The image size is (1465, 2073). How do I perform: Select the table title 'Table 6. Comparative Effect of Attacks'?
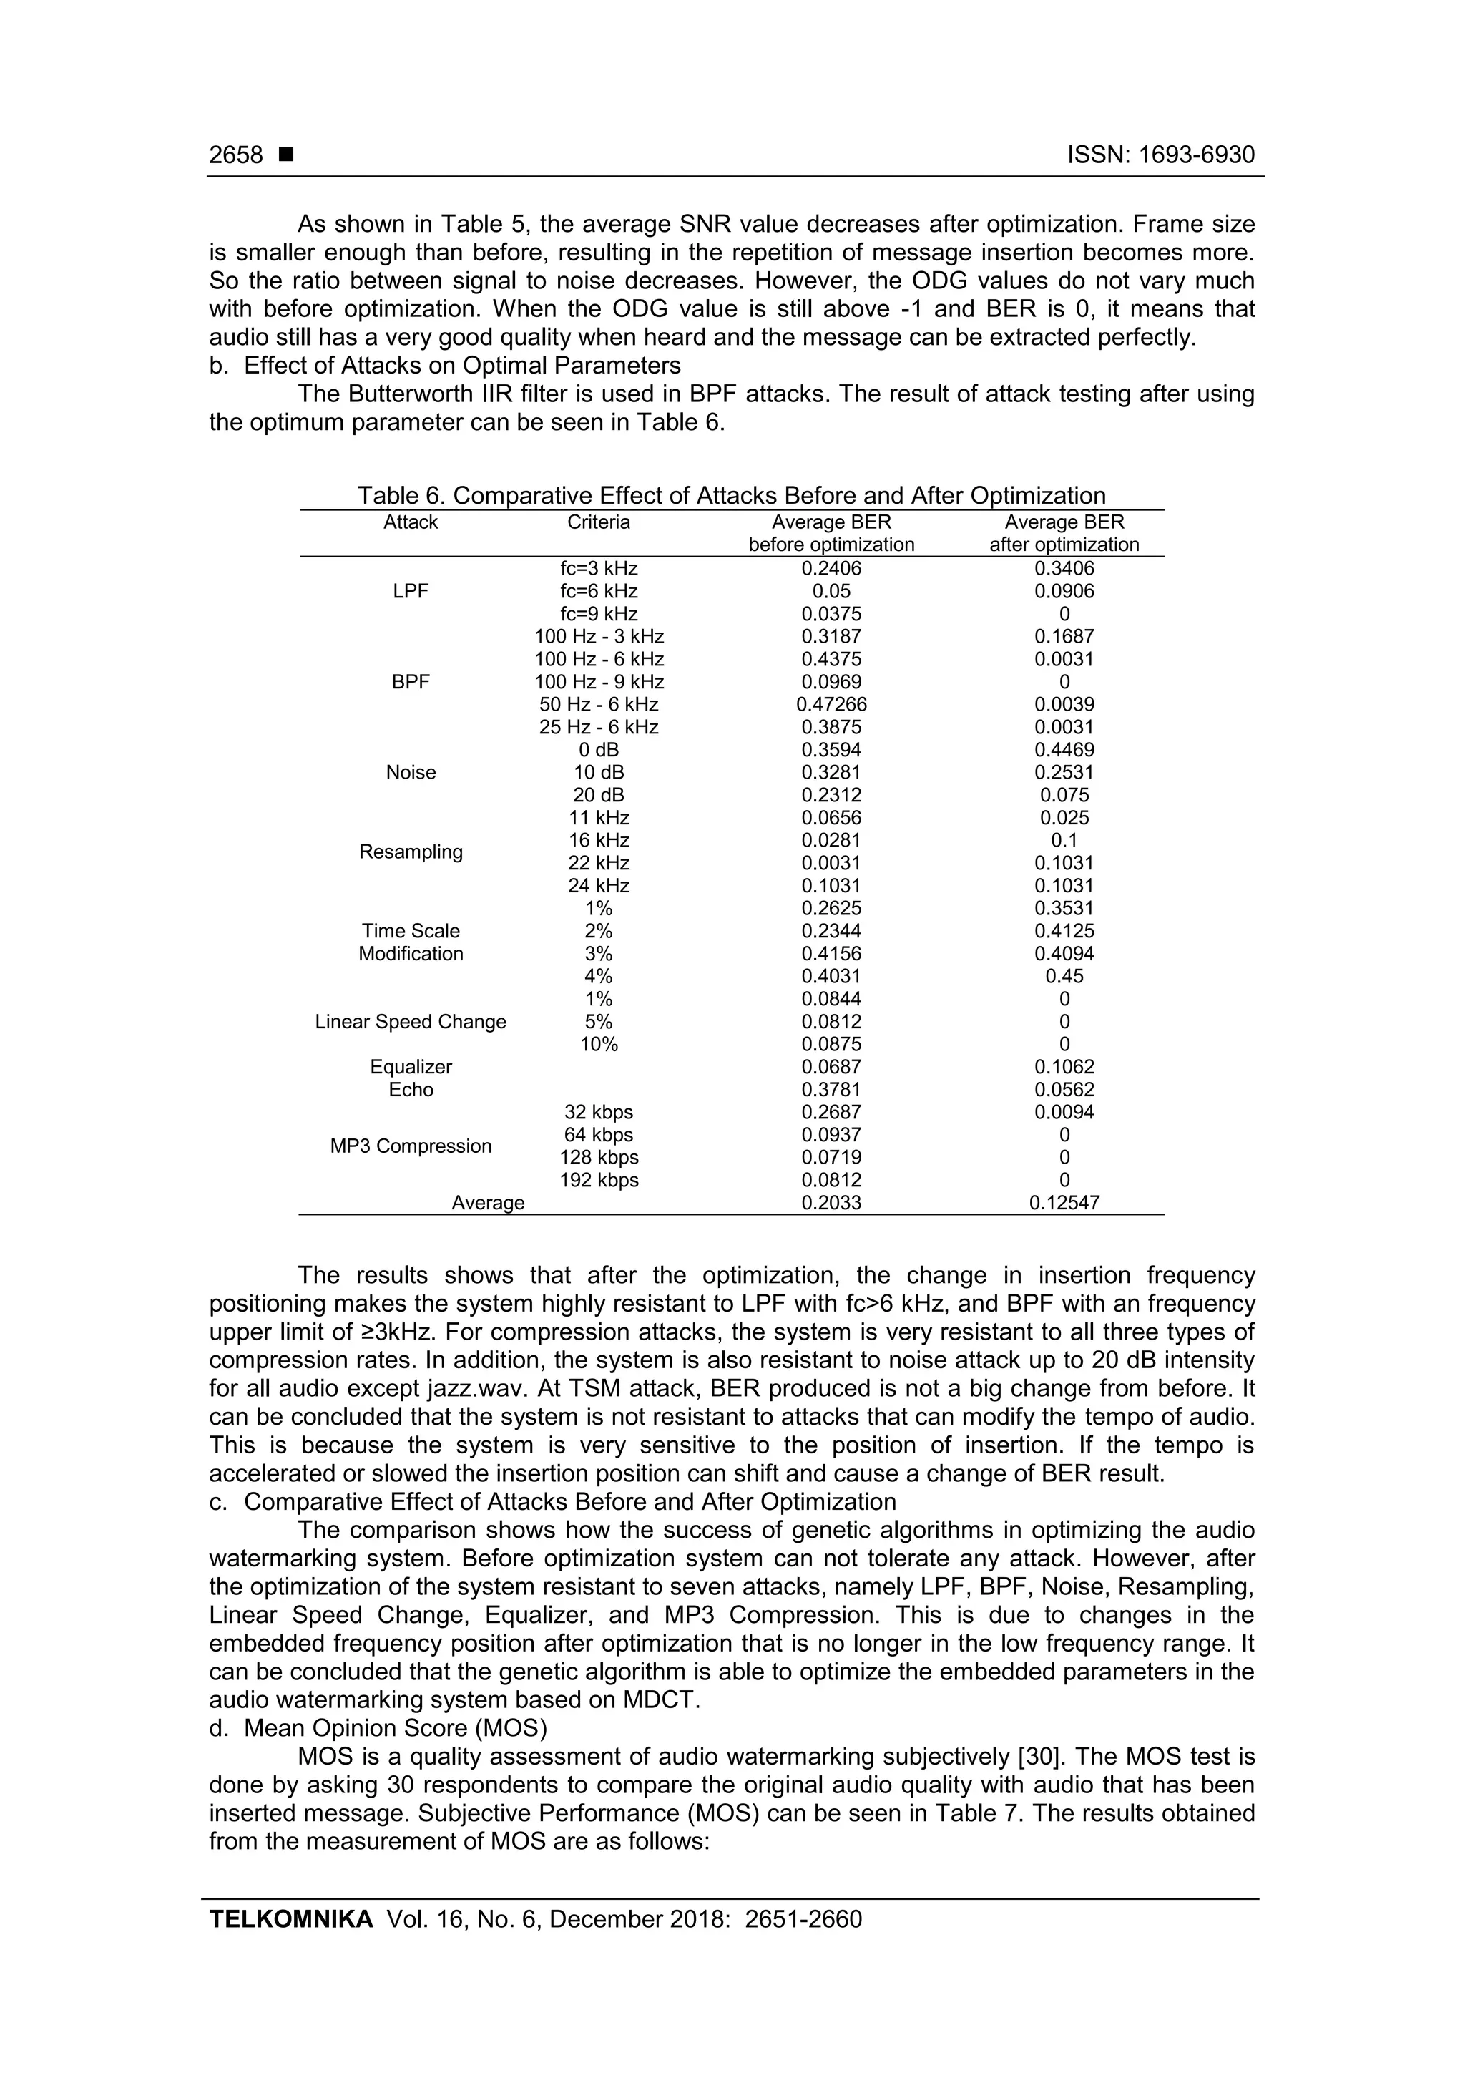click(731, 496)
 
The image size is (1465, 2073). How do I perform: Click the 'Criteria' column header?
click(599, 523)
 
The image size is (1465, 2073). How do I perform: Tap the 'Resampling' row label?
click(411, 852)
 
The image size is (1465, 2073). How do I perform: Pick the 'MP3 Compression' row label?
click(411, 1146)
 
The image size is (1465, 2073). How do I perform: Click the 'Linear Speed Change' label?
click(411, 1022)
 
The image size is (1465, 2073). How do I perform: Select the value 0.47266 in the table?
click(831, 705)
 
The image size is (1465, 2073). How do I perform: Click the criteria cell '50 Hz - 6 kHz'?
click(599, 705)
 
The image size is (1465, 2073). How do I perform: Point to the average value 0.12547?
click(1064, 1204)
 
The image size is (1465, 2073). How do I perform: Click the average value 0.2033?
click(831, 1204)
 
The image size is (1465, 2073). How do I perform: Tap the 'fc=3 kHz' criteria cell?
click(599, 569)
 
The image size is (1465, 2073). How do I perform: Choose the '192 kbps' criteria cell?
click(599, 1181)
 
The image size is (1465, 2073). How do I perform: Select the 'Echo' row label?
click(411, 1090)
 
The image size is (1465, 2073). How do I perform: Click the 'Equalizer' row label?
click(411, 1067)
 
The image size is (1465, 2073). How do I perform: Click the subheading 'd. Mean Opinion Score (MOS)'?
click(379, 1728)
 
